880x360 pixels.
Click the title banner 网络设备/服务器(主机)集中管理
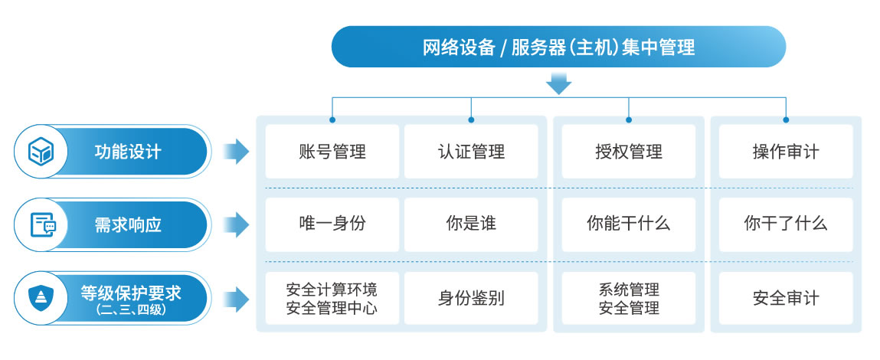[558, 47]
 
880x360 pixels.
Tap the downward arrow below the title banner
[558, 83]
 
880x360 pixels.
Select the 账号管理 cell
[332, 151]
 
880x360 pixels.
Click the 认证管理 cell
[471, 151]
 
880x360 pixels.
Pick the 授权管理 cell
[628, 151]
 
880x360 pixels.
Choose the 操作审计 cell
[786, 151]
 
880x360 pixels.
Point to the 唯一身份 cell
[332, 224]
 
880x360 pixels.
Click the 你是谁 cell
[471, 224]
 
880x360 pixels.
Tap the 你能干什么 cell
[628, 224]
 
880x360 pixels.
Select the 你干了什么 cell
[786, 224]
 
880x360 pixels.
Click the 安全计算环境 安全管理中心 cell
[332, 298]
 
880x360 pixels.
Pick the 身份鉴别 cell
[471, 298]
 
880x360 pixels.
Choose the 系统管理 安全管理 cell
[628, 298]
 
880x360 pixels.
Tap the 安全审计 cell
[786, 298]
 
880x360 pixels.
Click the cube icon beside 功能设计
[40, 151]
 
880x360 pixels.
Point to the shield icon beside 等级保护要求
[40, 297]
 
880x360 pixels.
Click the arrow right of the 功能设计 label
[236, 151]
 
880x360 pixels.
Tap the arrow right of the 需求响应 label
[236, 224]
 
